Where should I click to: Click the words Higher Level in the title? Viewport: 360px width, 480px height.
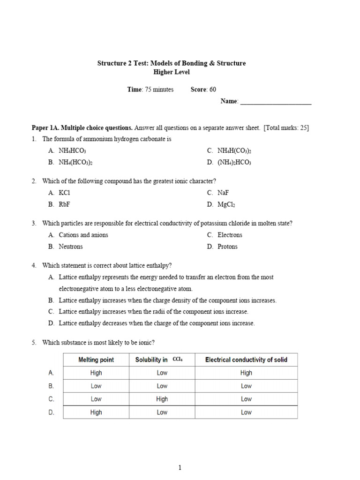(172, 72)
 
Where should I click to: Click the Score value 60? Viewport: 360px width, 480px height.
(213, 90)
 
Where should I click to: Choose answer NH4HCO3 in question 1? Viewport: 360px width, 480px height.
(72, 151)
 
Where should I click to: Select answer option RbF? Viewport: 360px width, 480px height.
(65, 204)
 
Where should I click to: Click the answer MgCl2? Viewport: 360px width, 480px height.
(226, 205)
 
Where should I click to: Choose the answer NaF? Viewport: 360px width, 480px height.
(224, 193)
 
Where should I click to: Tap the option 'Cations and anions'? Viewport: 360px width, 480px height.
(83, 235)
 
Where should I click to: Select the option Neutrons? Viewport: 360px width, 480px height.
(71, 247)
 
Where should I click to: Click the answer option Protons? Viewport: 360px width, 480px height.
(227, 247)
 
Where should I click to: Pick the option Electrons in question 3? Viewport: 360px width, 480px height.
(230, 235)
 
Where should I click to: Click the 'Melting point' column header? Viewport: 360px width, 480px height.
(96, 360)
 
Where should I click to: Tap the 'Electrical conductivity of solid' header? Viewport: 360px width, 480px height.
(246, 360)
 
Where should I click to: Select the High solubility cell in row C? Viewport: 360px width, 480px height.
(162, 399)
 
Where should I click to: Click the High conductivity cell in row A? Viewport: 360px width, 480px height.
(246, 373)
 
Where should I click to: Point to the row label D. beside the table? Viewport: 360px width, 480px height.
(52, 412)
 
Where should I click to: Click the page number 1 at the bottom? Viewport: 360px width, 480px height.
(180, 467)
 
